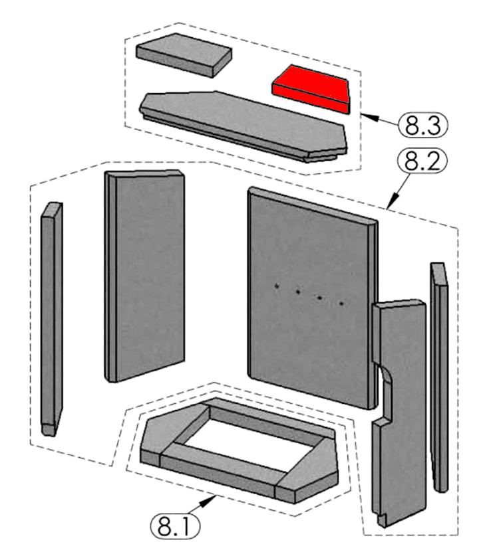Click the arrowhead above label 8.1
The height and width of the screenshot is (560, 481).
pyautogui.click(x=218, y=501)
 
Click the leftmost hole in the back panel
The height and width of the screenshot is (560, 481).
pyautogui.click(x=277, y=286)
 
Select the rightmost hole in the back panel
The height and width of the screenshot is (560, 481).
pyautogui.click(x=341, y=304)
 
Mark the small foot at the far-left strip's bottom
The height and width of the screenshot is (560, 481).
pyautogui.click(x=48, y=429)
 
